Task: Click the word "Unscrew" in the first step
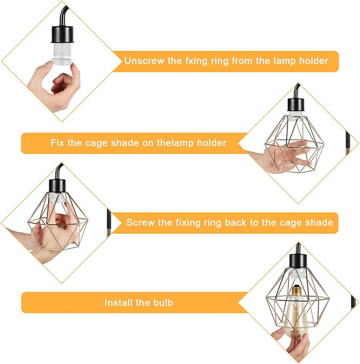pos(143,61)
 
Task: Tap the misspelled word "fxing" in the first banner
pos(190,61)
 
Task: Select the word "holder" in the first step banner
pos(314,61)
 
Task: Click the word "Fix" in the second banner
pos(58,143)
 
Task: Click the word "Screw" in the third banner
pos(140,222)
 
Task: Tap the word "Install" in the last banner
pos(119,303)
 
